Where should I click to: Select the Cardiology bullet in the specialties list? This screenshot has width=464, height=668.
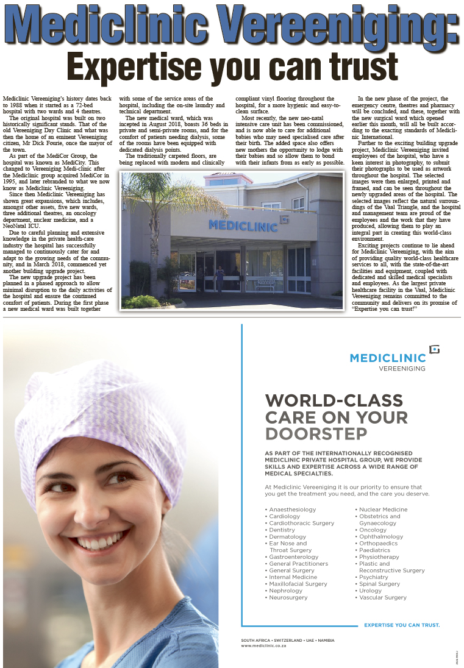coord(284,516)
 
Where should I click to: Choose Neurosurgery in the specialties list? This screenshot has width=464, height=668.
coord(288,597)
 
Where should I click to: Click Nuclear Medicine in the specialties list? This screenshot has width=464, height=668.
coord(383,509)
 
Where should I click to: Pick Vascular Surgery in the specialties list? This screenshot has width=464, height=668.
coord(383,597)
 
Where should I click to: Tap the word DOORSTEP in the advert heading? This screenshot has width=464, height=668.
coord(316,433)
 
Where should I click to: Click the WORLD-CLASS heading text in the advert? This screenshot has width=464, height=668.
coord(334,400)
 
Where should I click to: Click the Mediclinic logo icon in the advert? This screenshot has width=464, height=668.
coord(434,349)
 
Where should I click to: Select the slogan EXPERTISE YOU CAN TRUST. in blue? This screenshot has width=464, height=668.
coord(402,625)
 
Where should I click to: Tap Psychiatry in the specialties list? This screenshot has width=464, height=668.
coord(374,577)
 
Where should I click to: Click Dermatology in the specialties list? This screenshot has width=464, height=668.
coord(288,536)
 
